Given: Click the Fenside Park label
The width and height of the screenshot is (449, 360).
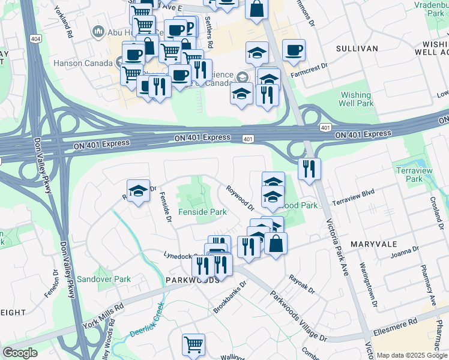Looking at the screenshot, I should coord(202,212).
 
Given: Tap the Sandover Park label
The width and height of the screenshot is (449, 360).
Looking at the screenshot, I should coord(103,279).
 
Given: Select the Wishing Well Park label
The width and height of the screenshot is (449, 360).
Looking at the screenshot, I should coord(357,99).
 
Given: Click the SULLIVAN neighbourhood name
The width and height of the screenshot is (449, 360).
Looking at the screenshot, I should coord(357,48).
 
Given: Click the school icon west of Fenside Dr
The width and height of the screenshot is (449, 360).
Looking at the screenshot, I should coord(138,192).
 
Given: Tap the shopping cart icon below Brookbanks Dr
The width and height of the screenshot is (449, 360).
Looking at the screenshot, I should coord(193,344).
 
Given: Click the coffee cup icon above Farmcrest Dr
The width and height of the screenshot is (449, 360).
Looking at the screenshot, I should coord(294,50).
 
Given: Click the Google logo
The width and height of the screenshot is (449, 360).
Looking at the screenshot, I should coord(20,353).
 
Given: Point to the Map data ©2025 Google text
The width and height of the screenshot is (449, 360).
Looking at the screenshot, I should coord(411,355).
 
